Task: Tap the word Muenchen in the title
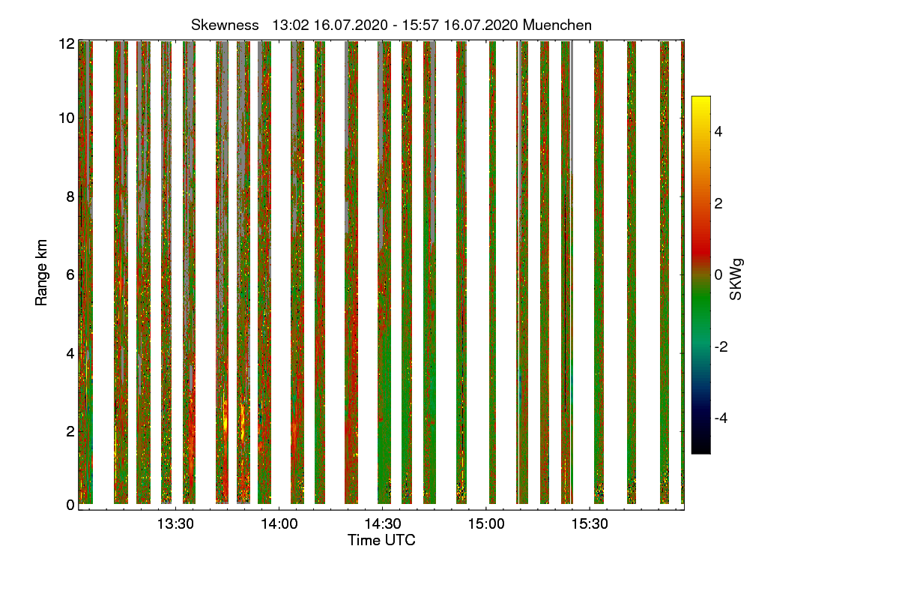point(557,25)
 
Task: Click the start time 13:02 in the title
point(288,25)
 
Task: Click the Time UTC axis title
point(381,540)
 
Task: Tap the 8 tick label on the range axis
point(70,196)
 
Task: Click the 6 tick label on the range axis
point(70,274)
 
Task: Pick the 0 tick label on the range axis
point(70,505)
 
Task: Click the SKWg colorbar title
point(736,279)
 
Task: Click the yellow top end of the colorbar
point(700,100)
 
